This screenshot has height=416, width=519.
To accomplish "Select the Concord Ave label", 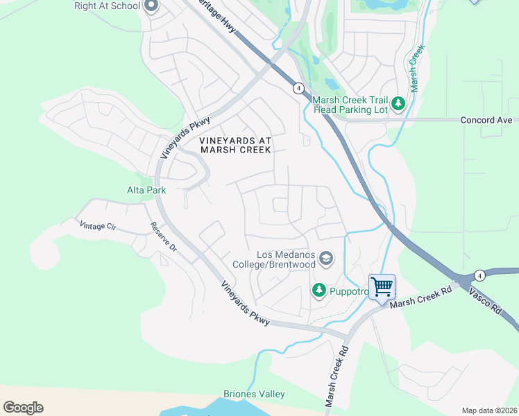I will tap(486, 120).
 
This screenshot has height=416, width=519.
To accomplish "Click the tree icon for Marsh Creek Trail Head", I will tap(398, 104).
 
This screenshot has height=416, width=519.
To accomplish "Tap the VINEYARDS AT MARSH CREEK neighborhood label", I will tap(235, 145).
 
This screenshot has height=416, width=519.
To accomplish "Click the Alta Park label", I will tap(146, 189).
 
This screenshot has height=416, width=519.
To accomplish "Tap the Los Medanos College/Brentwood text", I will tap(286, 259).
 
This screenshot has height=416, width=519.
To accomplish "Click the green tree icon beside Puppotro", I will tap(319, 291).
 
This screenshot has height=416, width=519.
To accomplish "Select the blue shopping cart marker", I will tap(382, 286).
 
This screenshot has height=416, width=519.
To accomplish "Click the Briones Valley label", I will tap(254, 394).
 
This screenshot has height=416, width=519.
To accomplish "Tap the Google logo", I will tap(23, 407).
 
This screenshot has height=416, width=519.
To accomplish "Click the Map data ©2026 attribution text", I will tap(489, 410).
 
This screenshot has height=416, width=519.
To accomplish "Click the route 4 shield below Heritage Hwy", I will tap(297, 88).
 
